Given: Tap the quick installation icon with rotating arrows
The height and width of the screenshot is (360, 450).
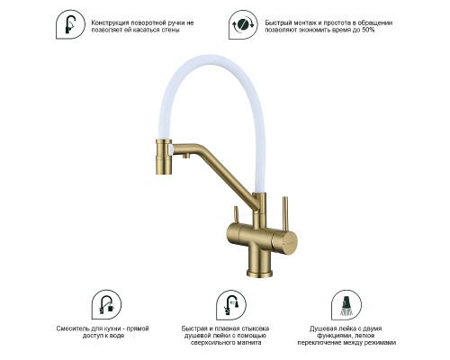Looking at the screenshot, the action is pyautogui.click(x=243, y=24).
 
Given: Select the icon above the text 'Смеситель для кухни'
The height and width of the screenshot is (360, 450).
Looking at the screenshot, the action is pyautogui.click(x=106, y=305).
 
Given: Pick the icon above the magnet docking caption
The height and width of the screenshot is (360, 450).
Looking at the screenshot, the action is pyautogui.click(x=231, y=305).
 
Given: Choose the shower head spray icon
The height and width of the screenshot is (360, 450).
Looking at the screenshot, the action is pyautogui.click(x=346, y=305).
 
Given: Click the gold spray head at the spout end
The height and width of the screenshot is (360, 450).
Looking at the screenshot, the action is pyautogui.click(x=164, y=157).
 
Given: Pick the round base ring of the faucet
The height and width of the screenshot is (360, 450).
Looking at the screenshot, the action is pyautogui.click(x=259, y=273).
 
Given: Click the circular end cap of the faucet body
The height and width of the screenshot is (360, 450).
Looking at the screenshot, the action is pyautogui.click(x=291, y=239).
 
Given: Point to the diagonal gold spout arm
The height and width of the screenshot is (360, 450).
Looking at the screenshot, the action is pyautogui.click(x=216, y=175).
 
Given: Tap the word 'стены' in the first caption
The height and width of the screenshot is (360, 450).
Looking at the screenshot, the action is pyautogui.click(x=172, y=30).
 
